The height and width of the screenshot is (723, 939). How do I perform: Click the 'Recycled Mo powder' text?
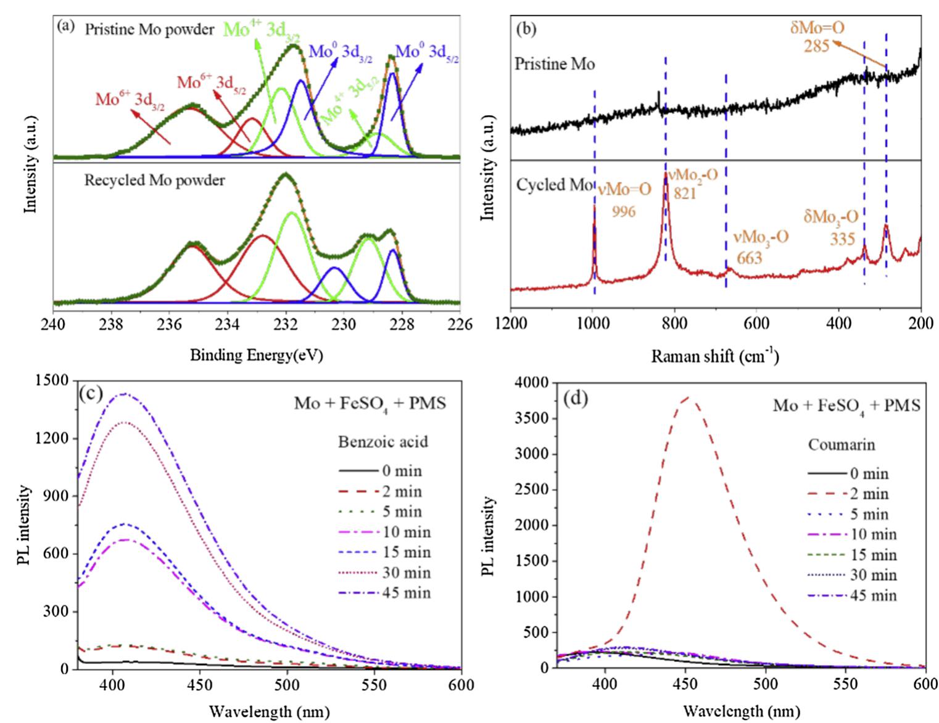tap(154, 181)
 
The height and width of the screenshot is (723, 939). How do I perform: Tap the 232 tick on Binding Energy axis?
tap(286, 324)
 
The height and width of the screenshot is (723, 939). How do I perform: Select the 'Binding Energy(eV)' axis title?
tap(257, 355)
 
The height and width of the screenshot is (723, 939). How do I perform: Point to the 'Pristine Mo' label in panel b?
tap(555, 63)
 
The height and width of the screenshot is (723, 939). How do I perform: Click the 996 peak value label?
tap(624, 211)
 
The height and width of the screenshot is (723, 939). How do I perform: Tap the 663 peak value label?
tap(750, 257)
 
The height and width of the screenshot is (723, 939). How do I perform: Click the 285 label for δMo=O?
tap(816, 45)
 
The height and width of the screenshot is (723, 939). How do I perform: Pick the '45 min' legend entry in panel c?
tap(406, 593)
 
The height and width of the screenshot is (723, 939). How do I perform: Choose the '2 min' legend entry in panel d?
tap(872, 494)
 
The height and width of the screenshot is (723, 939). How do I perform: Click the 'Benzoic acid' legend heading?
tap(383, 441)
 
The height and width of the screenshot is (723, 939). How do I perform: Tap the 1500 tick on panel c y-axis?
tap(56, 381)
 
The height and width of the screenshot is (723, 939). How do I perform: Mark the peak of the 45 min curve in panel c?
tap(125, 393)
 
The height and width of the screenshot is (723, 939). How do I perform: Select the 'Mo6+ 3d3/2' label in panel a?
tap(130, 100)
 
